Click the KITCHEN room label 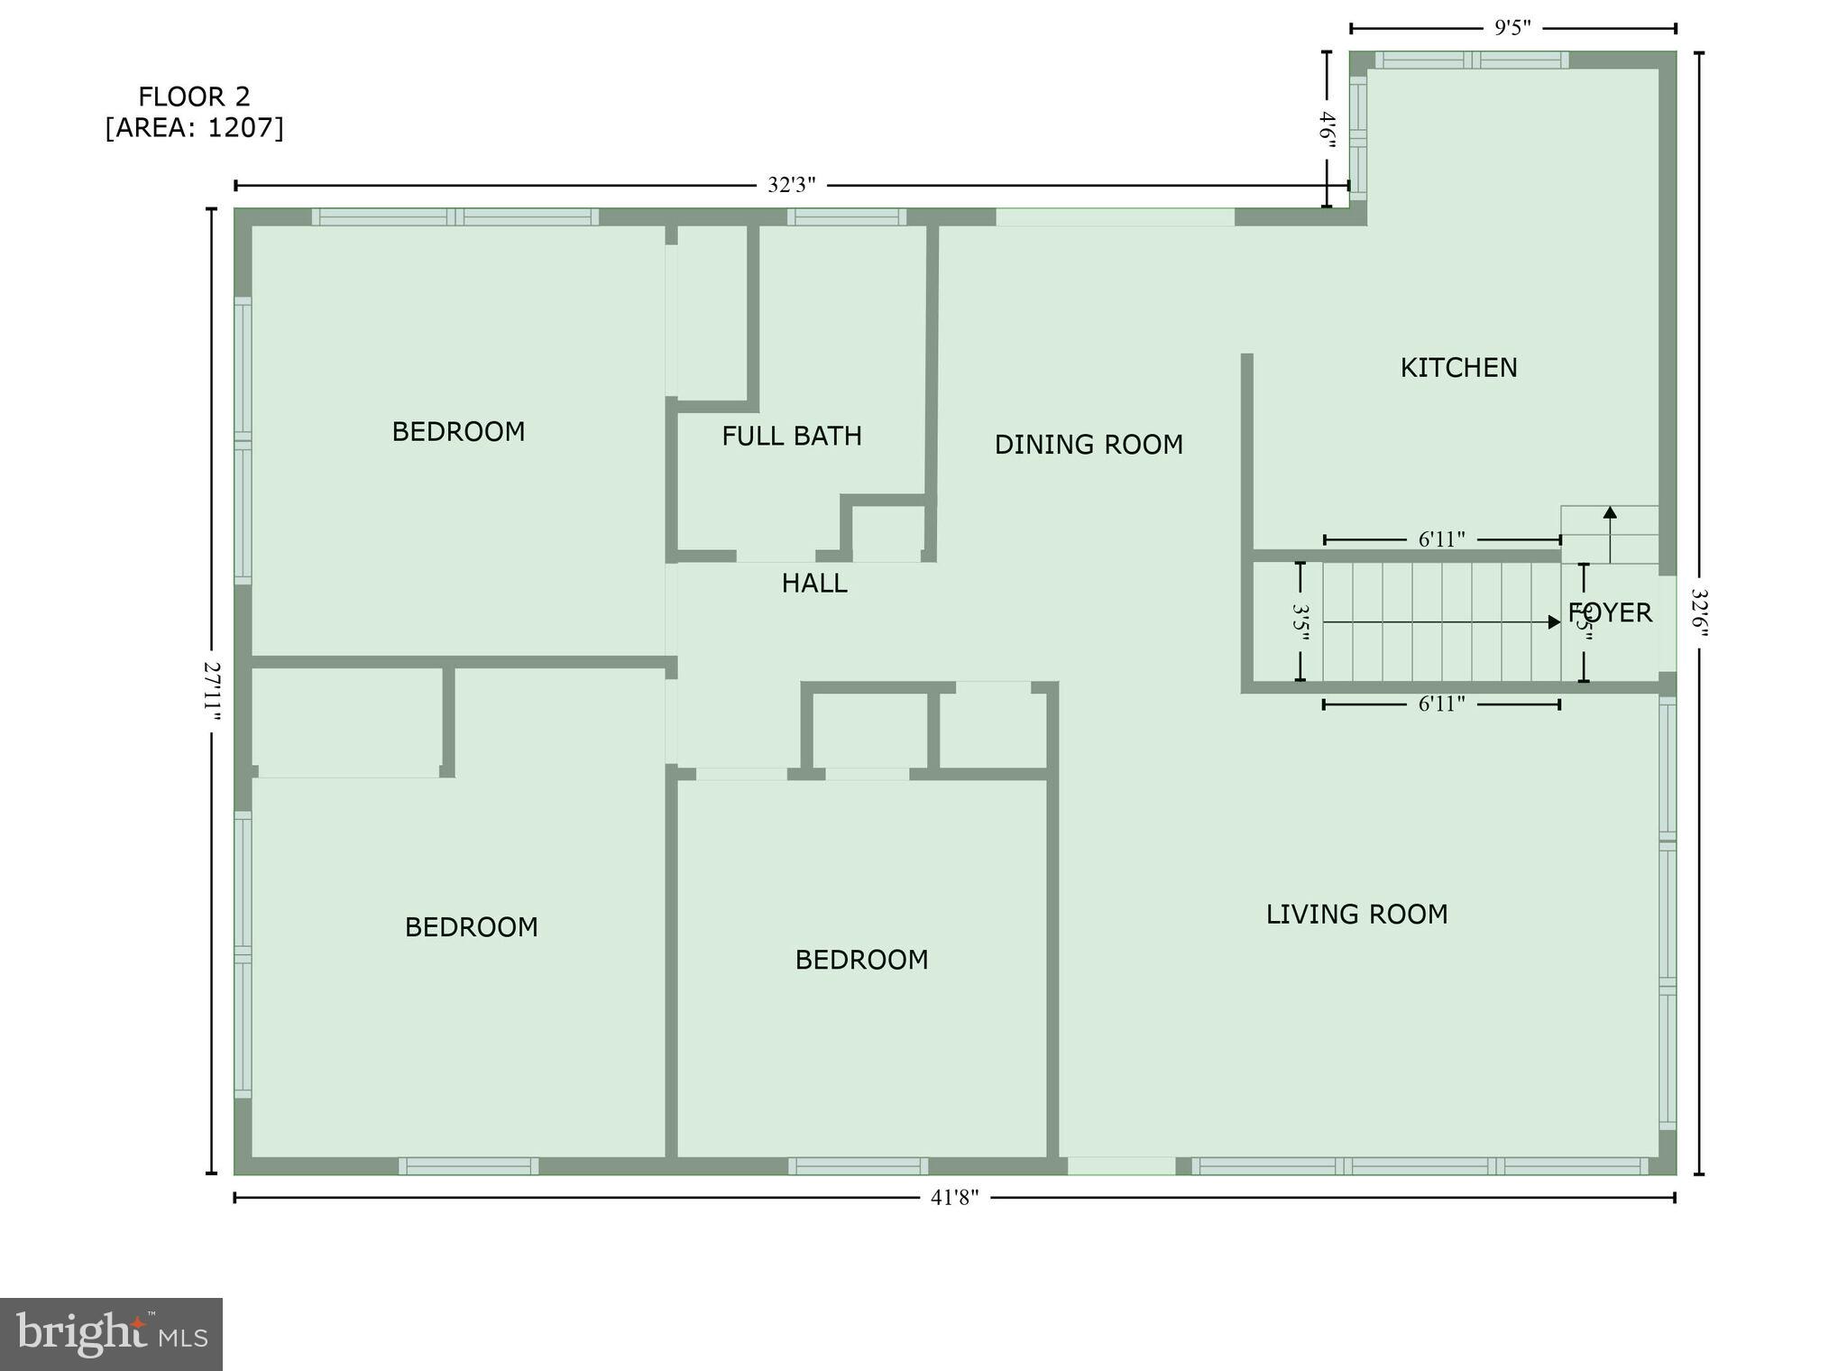(1458, 368)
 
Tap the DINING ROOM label (1089, 445)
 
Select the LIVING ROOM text (1356, 915)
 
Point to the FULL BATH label (791, 437)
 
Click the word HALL (813, 584)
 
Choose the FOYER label (1611, 613)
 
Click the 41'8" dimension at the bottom (954, 1198)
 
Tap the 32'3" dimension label (791, 186)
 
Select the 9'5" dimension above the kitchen (1512, 28)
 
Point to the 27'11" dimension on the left (212, 692)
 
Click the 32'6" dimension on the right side (1699, 613)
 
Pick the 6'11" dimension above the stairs (1441, 540)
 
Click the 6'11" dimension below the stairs (1441, 704)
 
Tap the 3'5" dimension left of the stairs (1300, 622)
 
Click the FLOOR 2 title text (194, 97)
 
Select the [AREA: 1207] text (194, 128)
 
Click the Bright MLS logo (111, 1334)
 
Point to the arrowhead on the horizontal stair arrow (1554, 622)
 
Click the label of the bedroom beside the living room (861, 960)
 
